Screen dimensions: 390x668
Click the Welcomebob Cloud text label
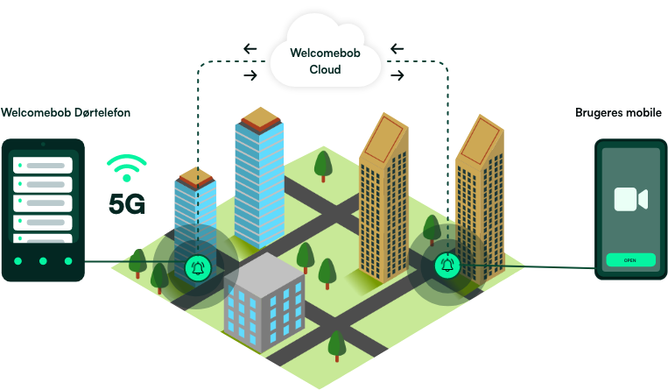click(325, 61)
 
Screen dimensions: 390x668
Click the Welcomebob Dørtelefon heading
click(66, 113)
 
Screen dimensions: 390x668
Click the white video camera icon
click(630, 199)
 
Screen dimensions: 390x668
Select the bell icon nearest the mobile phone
click(448, 263)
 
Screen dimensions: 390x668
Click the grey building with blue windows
click(263, 302)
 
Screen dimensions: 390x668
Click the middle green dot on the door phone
click(43, 261)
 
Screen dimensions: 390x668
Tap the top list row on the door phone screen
click(43, 165)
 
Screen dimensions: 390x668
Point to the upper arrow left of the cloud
click(250, 48)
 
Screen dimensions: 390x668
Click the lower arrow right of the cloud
click(398, 75)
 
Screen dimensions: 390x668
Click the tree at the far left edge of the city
click(137, 260)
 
